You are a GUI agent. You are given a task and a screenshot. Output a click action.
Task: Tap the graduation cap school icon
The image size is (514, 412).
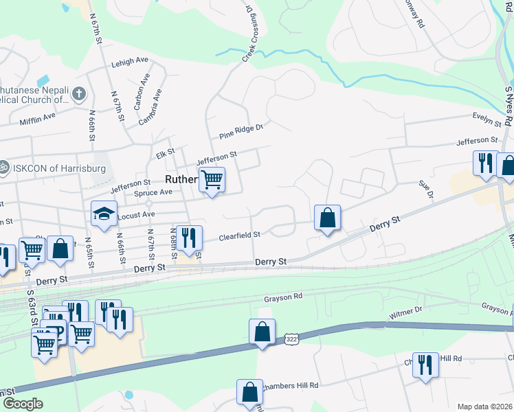[x=104, y=214]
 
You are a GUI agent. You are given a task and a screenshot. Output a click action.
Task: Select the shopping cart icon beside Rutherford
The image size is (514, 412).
[x=212, y=180]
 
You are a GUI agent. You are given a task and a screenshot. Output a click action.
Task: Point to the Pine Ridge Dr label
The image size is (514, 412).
[x=241, y=131]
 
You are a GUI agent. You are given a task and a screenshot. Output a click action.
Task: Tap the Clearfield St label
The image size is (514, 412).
[x=239, y=236]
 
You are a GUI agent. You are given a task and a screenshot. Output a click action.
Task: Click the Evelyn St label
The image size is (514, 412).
[x=487, y=119]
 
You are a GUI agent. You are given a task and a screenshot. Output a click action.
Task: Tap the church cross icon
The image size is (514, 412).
[x=79, y=93]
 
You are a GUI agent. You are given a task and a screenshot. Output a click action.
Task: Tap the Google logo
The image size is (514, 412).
[x=23, y=404]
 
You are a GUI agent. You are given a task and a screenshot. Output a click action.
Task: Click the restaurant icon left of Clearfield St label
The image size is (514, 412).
[x=188, y=238]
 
